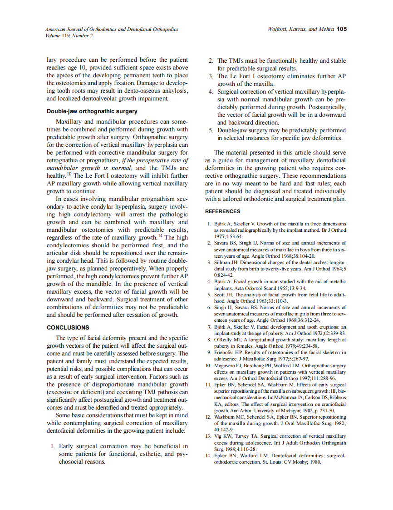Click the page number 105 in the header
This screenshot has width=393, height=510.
(342, 29)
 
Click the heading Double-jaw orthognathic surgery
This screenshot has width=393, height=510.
(92, 111)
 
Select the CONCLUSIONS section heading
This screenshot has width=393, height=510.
(68, 327)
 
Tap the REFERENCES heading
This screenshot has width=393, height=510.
(223, 211)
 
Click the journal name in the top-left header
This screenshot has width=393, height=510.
(112, 29)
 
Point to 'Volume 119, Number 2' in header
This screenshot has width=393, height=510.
(69, 35)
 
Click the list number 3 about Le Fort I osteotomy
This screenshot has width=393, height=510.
(211, 76)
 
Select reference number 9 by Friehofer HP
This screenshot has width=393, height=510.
(209, 352)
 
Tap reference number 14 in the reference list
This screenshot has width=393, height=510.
(208, 455)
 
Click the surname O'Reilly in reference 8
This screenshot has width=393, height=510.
(224, 340)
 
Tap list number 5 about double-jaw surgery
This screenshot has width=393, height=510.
(211, 130)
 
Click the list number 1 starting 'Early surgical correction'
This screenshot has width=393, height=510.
(53, 446)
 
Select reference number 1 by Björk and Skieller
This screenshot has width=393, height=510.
(209, 224)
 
